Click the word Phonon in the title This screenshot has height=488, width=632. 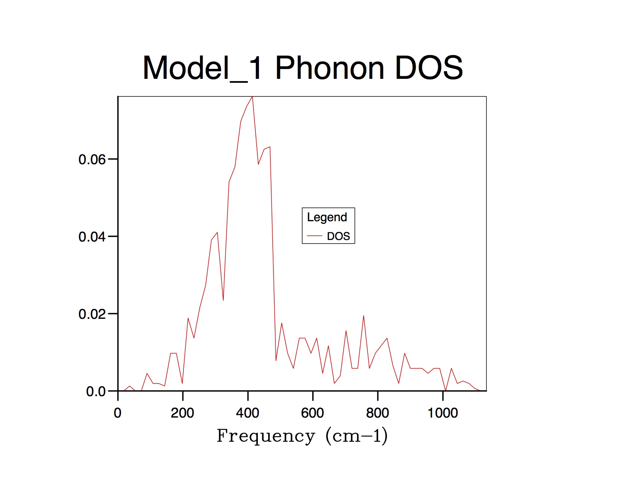(329, 68)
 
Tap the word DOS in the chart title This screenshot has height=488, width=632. (429, 68)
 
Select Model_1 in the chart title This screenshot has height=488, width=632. (202, 68)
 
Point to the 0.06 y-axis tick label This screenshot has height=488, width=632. (92, 160)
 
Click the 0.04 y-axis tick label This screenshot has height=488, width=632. (92, 237)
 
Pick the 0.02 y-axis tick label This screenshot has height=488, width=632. (92, 314)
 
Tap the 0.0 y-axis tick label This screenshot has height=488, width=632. (96, 392)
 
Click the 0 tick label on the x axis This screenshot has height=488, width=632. (118, 413)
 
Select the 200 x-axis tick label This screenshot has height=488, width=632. (182, 413)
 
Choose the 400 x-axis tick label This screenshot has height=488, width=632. (247, 413)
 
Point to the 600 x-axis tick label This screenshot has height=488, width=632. (313, 413)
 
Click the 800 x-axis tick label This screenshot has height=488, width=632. (378, 413)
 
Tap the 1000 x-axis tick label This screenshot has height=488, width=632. (443, 413)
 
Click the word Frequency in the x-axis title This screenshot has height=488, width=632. (266, 436)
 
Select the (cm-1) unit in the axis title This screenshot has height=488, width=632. (357, 436)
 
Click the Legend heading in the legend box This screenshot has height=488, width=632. (327, 217)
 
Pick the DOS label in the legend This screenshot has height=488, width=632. (339, 236)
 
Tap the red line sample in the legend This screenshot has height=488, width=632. (314, 236)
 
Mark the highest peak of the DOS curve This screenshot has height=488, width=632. (252, 97)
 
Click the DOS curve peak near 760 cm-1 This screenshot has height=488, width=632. (363, 316)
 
